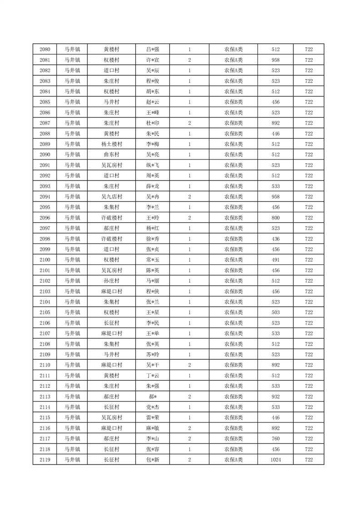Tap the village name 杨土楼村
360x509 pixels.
111,144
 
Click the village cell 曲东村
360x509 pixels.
111,155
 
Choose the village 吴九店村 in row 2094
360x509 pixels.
111,197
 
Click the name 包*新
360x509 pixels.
153,460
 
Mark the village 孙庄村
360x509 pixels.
111,281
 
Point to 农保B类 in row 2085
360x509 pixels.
233,102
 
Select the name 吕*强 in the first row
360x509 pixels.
153,49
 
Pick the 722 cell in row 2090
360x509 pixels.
309,155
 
